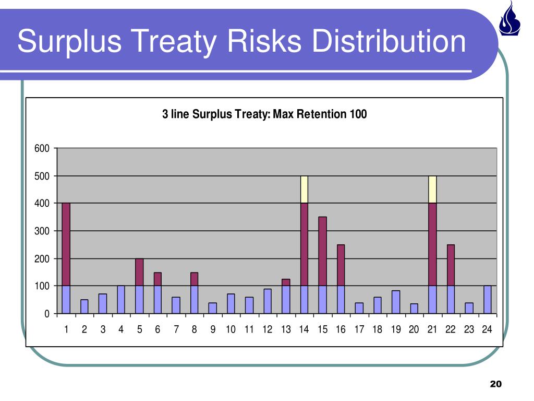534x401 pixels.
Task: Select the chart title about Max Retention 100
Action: click(264, 114)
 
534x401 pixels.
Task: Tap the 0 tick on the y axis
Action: click(47, 314)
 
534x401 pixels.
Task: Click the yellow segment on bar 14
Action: click(304, 189)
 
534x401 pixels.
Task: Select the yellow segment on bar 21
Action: click(432, 189)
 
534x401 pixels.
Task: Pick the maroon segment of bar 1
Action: click(66, 244)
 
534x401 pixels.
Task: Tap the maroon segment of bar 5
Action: click(139, 272)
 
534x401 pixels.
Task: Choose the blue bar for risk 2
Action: click(84, 306)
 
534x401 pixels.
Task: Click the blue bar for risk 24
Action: click(487, 300)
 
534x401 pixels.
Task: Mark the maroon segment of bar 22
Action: click(451, 265)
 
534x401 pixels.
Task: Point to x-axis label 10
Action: click(231, 329)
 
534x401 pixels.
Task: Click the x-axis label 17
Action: click(359, 329)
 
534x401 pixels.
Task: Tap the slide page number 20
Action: click(495, 384)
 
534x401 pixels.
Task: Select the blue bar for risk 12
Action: click(268, 301)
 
